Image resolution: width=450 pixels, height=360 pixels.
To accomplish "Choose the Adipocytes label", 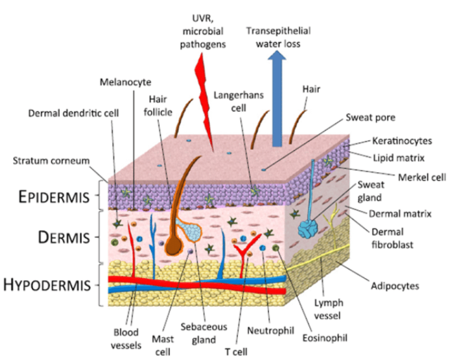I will point(395,286).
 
